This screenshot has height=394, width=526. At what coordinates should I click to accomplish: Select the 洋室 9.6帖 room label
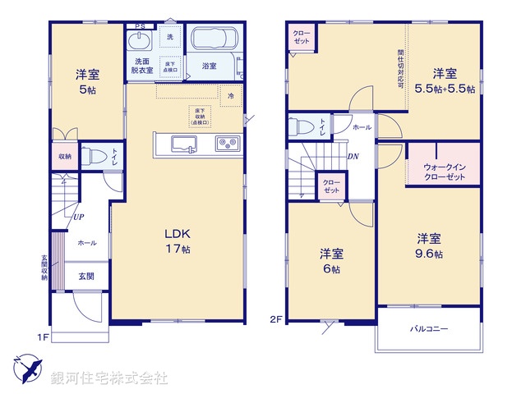click(429, 246)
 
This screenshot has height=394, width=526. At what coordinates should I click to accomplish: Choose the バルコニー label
click(429, 329)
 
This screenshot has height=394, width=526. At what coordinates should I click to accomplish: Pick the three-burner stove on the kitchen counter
click(226, 144)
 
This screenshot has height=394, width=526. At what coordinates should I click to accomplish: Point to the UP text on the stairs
click(78, 218)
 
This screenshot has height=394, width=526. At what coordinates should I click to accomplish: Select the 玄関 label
click(85, 277)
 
